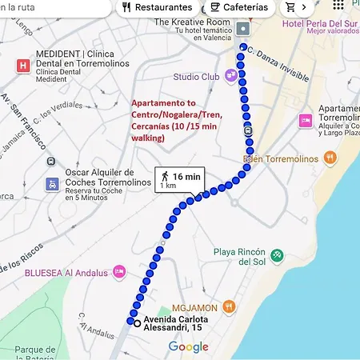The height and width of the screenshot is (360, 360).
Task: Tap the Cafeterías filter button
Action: click(x=239, y=7)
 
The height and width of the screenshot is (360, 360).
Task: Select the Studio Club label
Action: click(x=196, y=77)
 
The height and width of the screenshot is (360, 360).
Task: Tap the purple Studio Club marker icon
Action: click(x=230, y=76)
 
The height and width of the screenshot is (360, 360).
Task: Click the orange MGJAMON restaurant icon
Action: click(x=229, y=305)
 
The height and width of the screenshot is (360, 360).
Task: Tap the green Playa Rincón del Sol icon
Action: click(x=277, y=256)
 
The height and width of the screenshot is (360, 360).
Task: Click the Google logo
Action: click(x=188, y=347)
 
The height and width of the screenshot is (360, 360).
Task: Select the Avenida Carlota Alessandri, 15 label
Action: click(x=178, y=328)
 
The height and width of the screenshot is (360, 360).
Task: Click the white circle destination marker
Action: click(x=138, y=323)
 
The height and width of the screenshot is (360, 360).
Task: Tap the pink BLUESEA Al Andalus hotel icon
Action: click(x=119, y=272)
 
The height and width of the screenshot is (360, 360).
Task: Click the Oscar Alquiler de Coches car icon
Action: click(x=51, y=182)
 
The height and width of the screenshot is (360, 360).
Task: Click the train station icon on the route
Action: click(x=249, y=130)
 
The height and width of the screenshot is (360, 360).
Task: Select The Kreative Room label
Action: click(x=192, y=22)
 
